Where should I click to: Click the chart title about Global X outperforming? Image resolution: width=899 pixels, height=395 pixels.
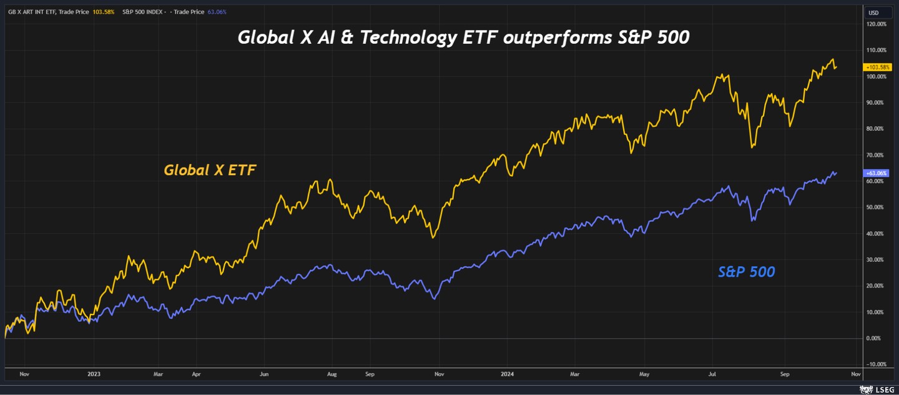pyautogui.click(x=463, y=37)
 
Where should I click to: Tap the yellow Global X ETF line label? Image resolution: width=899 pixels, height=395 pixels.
pyautogui.click(x=210, y=170)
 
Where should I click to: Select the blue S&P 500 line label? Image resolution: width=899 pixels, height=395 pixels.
pyautogui.click(x=746, y=272)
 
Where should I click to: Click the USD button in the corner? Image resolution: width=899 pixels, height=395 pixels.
pyautogui.click(x=873, y=12)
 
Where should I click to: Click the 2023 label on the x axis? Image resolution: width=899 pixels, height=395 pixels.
pyautogui.click(x=94, y=374)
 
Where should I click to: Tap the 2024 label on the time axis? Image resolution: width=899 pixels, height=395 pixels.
pyautogui.click(x=508, y=374)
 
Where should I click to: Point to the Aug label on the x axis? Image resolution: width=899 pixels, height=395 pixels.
pyautogui.click(x=332, y=374)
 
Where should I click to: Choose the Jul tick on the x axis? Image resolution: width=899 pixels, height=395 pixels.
pyautogui.click(x=712, y=374)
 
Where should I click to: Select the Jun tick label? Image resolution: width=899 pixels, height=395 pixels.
pyautogui.click(x=264, y=374)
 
